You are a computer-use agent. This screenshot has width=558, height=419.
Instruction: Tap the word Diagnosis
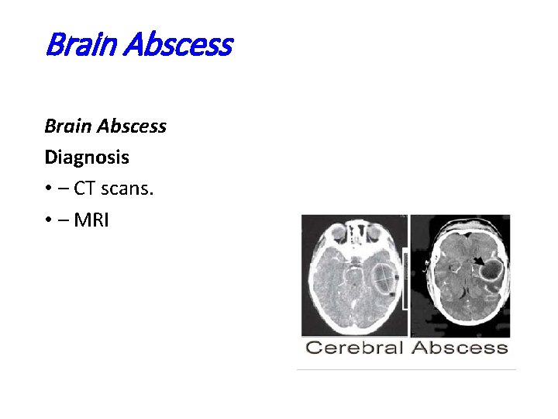tap(87, 158)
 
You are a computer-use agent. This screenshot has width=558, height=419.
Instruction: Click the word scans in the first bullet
tap(126, 189)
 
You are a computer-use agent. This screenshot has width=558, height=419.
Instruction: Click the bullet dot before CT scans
tap(48, 189)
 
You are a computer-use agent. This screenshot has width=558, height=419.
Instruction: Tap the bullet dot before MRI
tap(48, 221)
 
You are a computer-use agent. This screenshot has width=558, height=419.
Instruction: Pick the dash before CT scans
tap(63, 189)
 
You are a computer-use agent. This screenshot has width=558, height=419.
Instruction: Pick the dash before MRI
tap(63, 221)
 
